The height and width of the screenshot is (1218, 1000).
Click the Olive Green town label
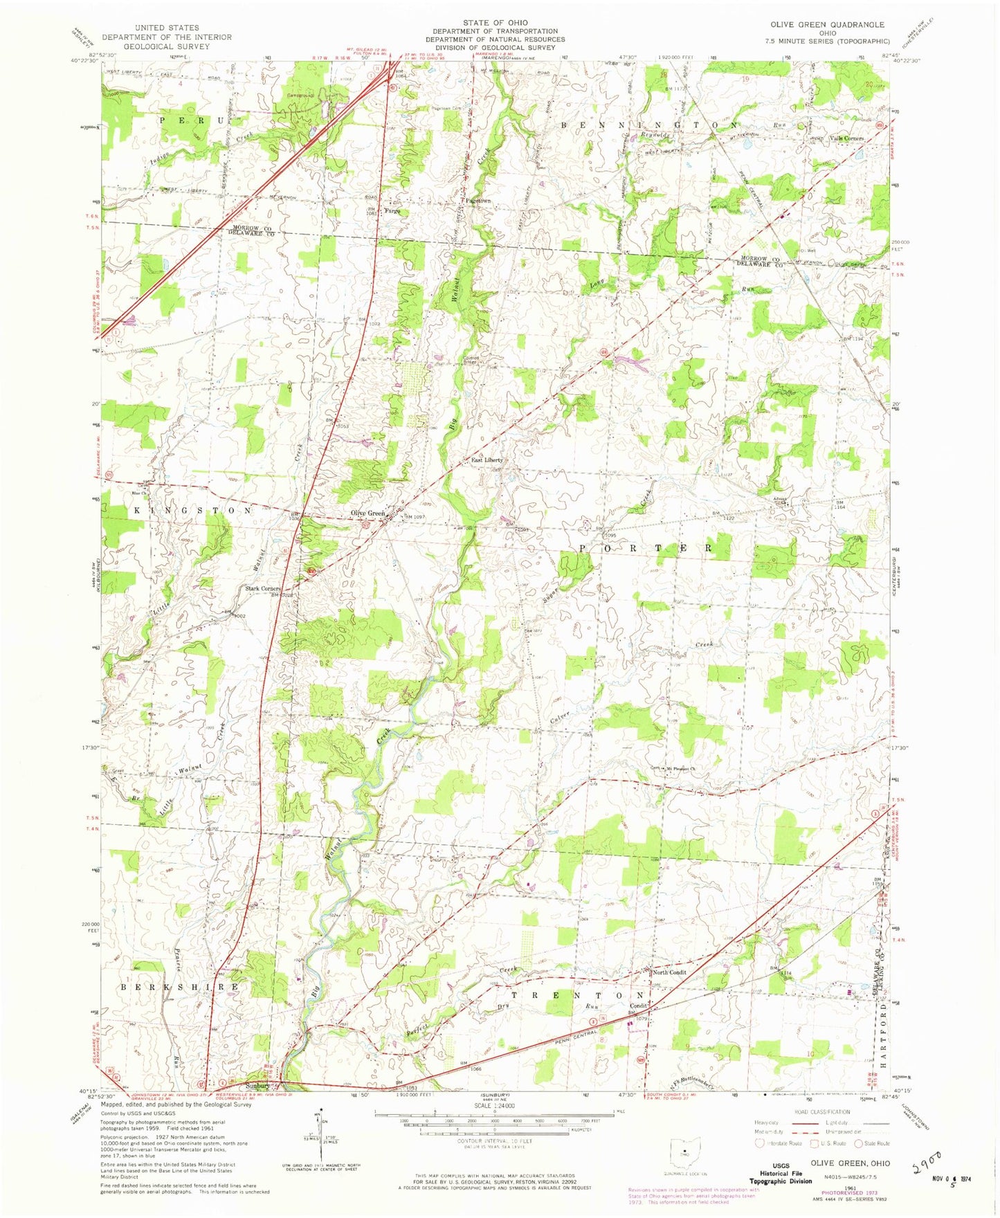[x=367, y=513]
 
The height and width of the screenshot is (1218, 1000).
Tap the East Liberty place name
[x=487, y=460]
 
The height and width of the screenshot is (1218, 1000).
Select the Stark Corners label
[x=262, y=589]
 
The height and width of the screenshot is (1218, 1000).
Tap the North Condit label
[x=669, y=972]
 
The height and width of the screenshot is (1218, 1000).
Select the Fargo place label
[x=392, y=210]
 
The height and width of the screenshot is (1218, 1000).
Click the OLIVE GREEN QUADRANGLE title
[x=827, y=24]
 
